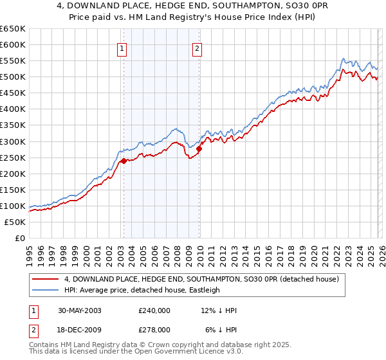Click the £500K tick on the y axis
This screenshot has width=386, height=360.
(x=12, y=76)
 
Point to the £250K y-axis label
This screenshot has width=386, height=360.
(x=12, y=157)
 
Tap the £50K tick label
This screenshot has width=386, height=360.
(x=15, y=222)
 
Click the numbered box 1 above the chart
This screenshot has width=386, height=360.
(x=122, y=47)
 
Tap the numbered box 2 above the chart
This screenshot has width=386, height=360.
(x=197, y=47)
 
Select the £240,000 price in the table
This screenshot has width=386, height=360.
(x=154, y=310)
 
